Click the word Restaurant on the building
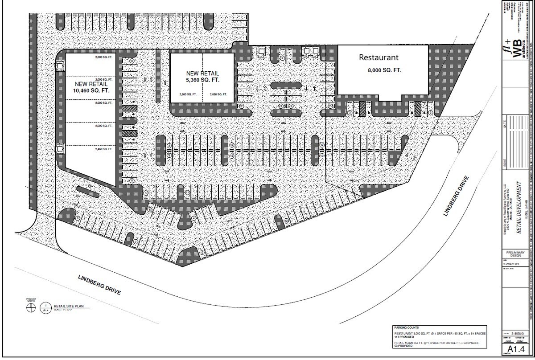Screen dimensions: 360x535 coord(379,57)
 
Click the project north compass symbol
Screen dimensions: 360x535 coord(30,331)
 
